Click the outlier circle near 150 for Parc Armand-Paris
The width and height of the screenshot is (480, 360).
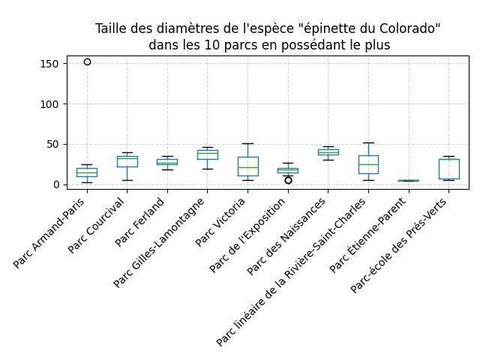tap(87, 62)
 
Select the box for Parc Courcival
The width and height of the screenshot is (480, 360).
tap(127, 161)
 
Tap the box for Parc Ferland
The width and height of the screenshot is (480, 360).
tap(167, 161)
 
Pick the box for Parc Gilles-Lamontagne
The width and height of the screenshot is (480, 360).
tap(208, 154)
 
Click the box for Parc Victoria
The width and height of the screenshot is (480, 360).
tap(247, 166)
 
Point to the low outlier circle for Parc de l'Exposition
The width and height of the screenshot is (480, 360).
tap(288, 180)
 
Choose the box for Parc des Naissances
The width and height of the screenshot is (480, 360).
tap(328, 151)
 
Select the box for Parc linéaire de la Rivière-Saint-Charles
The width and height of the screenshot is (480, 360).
tap(368, 164)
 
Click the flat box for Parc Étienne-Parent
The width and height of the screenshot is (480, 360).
tap(409, 181)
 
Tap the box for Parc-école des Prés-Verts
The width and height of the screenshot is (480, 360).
tap(448, 169)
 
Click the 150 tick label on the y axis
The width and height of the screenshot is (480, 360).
tap(51, 64)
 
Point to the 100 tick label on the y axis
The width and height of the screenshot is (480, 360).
tap(51, 104)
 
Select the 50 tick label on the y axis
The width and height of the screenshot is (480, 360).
tap(54, 144)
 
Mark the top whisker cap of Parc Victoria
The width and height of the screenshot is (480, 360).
tap(247, 143)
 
